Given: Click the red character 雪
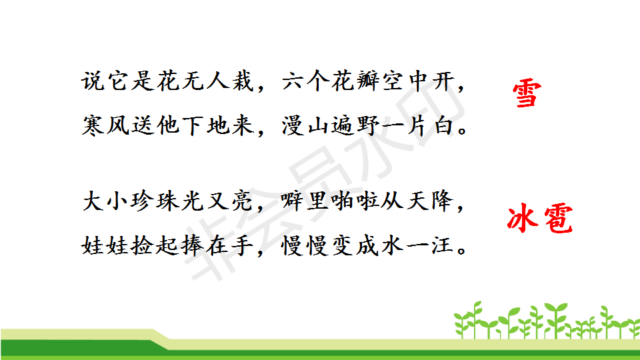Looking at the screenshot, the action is pos(527,94).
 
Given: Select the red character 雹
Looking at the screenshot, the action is pos(558,219).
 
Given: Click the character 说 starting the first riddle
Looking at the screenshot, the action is pos(93,81).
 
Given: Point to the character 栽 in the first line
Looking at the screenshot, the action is pos(244,81).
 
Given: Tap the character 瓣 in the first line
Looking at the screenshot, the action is pos(368,81).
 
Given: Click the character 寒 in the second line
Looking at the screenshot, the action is pos(93,125).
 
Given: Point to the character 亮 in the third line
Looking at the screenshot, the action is pos(244,201).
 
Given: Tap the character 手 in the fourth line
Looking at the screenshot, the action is pos(244,246).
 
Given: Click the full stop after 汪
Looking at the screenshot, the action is pos(463,251).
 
